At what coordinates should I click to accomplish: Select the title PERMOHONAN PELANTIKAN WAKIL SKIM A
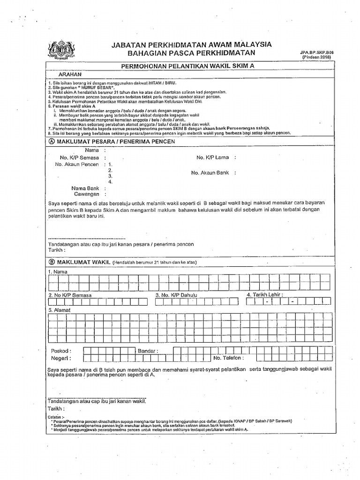pyautogui.click(x=187, y=67)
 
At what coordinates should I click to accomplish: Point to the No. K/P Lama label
pyautogui.click(x=212, y=157)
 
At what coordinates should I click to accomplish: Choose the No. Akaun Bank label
pyautogui.click(x=210, y=172)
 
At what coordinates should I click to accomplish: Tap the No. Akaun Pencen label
pyautogui.click(x=77, y=165)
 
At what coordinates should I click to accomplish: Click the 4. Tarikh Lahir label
pyautogui.click(x=264, y=295)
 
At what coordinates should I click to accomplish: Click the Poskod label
pyautogui.click(x=60, y=351)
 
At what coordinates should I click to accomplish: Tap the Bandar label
pyautogui.click(x=148, y=351)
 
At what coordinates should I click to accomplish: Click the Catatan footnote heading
pyautogui.click(x=58, y=416)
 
